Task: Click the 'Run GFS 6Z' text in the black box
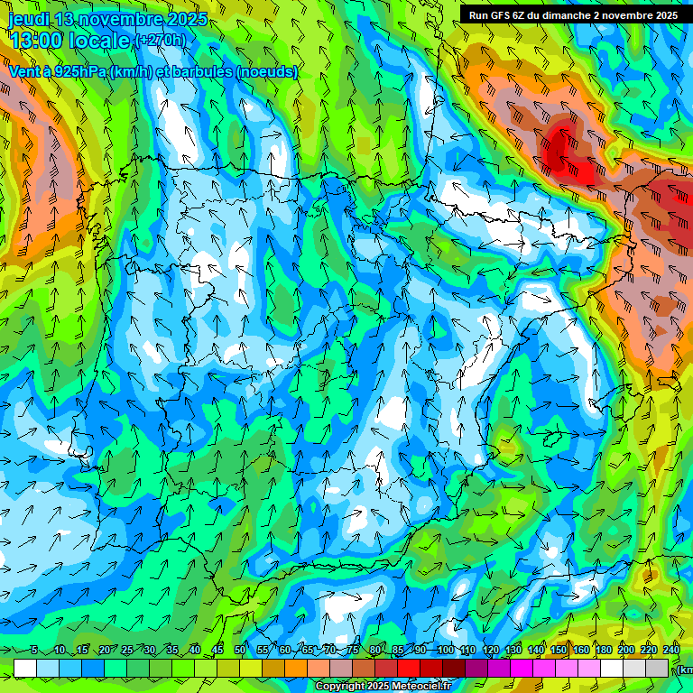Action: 497,15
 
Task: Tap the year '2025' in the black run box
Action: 663,15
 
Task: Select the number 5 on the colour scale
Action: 34,650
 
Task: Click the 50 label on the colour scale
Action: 240,650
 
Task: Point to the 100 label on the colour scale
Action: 446,650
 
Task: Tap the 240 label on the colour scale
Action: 671,650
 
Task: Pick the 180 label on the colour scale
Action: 604,650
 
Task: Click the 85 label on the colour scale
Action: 398,650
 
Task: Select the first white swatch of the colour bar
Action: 25,668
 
